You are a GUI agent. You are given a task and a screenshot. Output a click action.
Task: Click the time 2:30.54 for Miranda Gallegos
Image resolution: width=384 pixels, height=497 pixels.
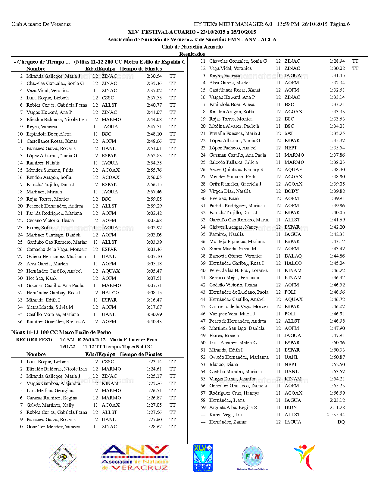click(154, 76)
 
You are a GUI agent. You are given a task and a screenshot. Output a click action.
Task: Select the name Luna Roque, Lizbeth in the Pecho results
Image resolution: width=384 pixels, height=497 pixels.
click(47, 362)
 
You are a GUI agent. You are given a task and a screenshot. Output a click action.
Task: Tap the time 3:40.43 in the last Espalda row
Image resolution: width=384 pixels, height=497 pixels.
click(154, 322)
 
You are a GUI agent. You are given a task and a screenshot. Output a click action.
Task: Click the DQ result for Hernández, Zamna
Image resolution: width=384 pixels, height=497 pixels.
click(341, 422)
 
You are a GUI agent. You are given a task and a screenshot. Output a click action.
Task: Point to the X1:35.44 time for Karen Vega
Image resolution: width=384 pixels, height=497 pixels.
click(335, 415)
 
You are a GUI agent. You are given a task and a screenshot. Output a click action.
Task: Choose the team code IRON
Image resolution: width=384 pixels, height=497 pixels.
click(291, 408)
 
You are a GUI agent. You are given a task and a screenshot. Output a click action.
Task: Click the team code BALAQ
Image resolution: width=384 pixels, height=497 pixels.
click(293, 256)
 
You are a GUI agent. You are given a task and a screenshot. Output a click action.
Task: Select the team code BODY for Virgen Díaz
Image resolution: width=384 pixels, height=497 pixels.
click(291, 191)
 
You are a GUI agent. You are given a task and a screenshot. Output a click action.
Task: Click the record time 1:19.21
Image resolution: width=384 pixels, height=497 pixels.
click(67, 340)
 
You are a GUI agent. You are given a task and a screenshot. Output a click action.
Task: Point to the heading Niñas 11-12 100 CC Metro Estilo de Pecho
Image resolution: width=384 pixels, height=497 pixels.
click(61, 332)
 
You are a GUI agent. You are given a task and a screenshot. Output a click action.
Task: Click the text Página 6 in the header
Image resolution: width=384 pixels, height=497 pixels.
click(340, 24)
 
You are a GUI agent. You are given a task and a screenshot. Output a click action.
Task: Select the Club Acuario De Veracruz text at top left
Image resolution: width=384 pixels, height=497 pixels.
click(41, 24)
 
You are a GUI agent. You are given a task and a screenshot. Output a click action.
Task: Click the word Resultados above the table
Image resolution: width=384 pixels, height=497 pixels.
click(192, 54)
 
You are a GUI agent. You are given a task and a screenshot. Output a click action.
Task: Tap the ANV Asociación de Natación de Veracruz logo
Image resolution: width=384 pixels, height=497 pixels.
click(135, 458)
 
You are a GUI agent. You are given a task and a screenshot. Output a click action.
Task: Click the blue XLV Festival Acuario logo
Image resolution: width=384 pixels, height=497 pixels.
click(203, 458)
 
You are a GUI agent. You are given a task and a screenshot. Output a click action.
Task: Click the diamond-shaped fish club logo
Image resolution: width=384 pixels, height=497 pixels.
click(63, 458)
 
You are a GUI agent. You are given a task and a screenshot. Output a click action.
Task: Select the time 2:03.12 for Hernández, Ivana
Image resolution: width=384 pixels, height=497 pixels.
click(337, 400)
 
